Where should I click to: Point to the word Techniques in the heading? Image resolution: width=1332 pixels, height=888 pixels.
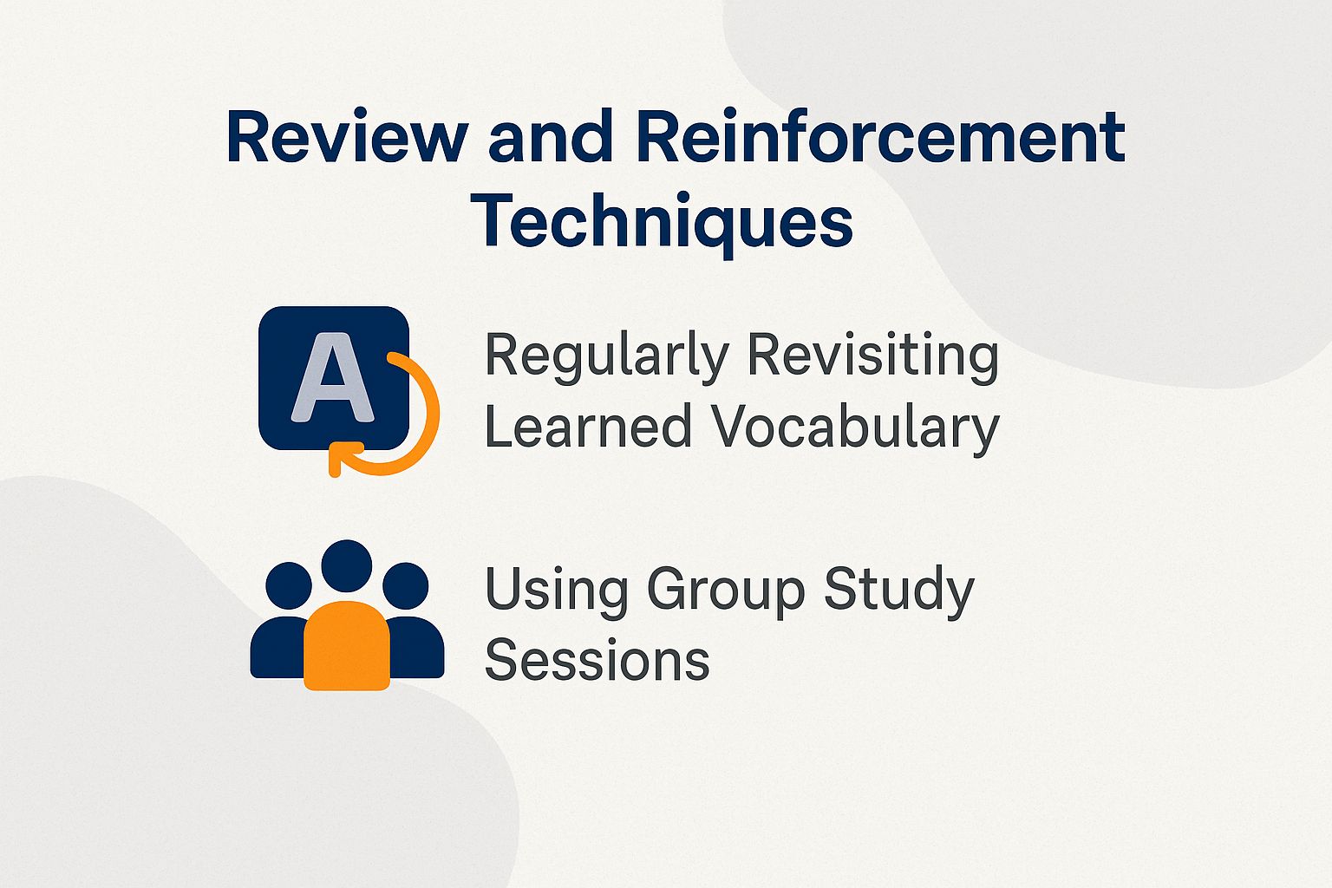(x=663, y=221)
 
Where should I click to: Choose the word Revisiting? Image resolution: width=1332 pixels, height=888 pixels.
(x=872, y=355)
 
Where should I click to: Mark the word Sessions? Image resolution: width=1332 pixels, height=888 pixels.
(x=597, y=660)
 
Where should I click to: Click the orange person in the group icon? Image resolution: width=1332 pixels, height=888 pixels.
(x=347, y=645)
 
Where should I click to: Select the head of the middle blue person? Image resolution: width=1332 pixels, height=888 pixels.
(x=347, y=565)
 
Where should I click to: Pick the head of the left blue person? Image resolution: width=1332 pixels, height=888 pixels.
(x=289, y=584)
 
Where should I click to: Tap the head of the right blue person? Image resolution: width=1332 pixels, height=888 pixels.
(x=405, y=584)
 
